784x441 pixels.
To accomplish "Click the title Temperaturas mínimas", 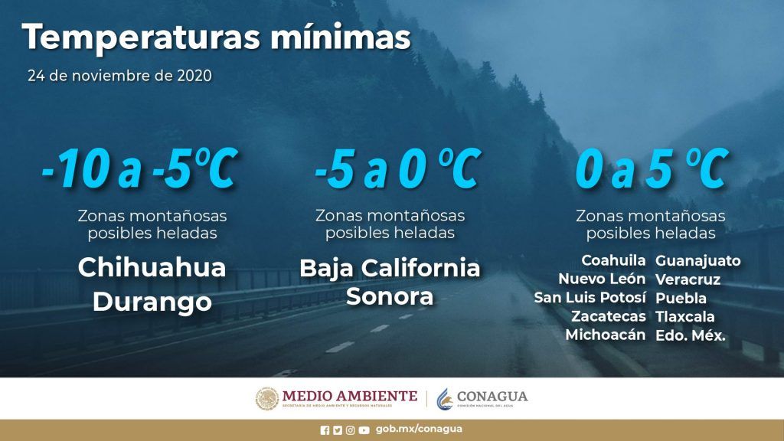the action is click(216, 38).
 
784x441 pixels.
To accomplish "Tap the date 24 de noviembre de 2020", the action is click(120, 76).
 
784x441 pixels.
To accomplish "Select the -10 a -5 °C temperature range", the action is click(139, 168).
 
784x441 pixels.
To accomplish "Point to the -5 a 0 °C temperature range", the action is click(398, 168).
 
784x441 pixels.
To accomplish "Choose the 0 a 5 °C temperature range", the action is click(652, 168).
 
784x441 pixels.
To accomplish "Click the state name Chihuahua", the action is click(152, 267).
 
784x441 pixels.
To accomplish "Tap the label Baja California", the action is click(390, 268).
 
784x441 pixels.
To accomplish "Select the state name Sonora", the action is click(390, 296).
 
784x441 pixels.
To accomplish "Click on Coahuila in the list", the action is click(613, 260).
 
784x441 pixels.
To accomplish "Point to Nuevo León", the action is click(602, 279).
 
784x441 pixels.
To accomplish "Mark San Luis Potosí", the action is click(590, 298).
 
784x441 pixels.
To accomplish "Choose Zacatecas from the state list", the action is click(609, 316).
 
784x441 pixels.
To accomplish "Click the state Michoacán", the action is click(606, 335).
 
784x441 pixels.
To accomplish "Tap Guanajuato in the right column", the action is click(698, 261).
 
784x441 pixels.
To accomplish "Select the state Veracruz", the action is click(688, 279).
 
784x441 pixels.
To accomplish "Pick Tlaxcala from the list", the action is click(685, 316).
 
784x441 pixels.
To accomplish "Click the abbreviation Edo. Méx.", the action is click(691, 335).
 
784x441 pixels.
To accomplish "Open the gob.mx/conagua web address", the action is click(419, 430).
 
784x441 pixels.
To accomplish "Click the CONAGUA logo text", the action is click(492, 397).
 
